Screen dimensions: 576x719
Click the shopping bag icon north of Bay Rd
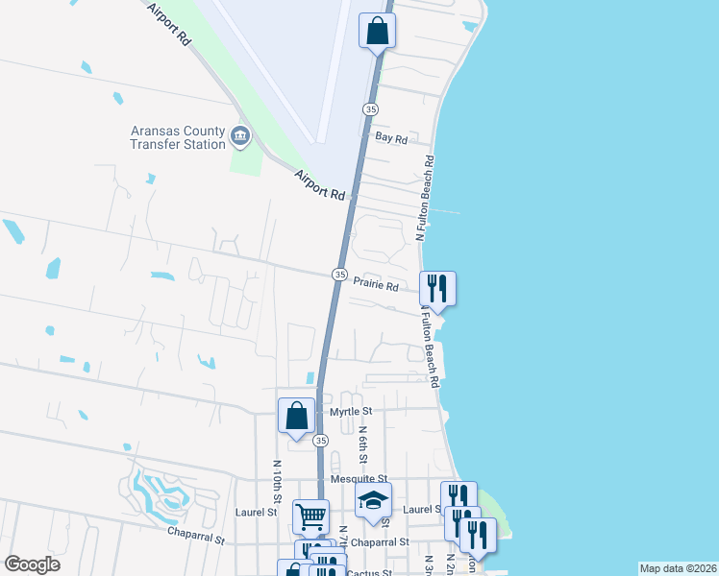pyautogui.click(x=378, y=30)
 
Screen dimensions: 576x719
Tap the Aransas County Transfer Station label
pyautogui.click(x=178, y=137)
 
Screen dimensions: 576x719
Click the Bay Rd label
pyautogui.click(x=391, y=138)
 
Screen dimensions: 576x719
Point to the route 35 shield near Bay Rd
pyautogui.click(x=370, y=109)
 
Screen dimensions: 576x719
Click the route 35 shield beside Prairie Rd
pyautogui.click(x=339, y=275)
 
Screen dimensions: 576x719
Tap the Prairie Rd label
pyautogui.click(x=376, y=285)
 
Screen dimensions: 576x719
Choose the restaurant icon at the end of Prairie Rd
pyautogui.click(x=437, y=287)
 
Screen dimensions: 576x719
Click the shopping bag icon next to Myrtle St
pyautogui.click(x=297, y=416)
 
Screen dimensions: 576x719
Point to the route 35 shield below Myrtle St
pyautogui.click(x=321, y=440)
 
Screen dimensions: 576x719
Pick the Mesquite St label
pyautogui.click(x=358, y=478)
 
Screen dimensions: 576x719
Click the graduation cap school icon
pyautogui.click(x=373, y=500)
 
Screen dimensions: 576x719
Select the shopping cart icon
pyautogui.click(x=310, y=516)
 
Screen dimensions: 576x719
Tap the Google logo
pyautogui.click(x=32, y=564)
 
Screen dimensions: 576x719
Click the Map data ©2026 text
pyautogui.click(x=678, y=568)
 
